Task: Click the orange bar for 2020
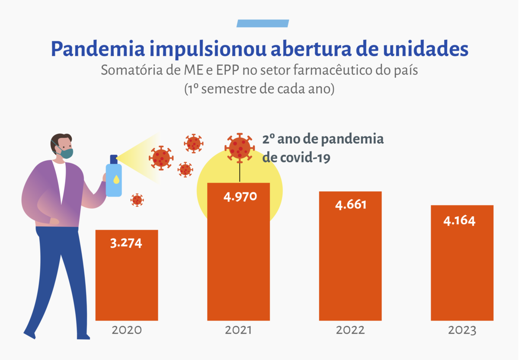(x=127, y=275)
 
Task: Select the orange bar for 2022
(x=350, y=256)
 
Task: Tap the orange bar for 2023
(x=462, y=263)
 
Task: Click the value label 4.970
(x=240, y=197)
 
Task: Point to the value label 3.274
(x=126, y=243)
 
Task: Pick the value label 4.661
(x=351, y=205)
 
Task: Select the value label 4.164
(x=459, y=221)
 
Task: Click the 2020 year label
(x=127, y=330)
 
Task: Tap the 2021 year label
(x=238, y=330)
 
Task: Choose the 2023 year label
(x=462, y=330)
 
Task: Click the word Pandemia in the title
(x=98, y=49)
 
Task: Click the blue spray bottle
(x=114, y=176)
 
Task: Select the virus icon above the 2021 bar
(x=240, y=147)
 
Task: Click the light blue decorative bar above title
(x=263, y=23)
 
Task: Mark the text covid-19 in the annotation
(x=305, y=158)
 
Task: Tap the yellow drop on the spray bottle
(x=116, y=179)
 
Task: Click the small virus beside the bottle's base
(x=137, y=200)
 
